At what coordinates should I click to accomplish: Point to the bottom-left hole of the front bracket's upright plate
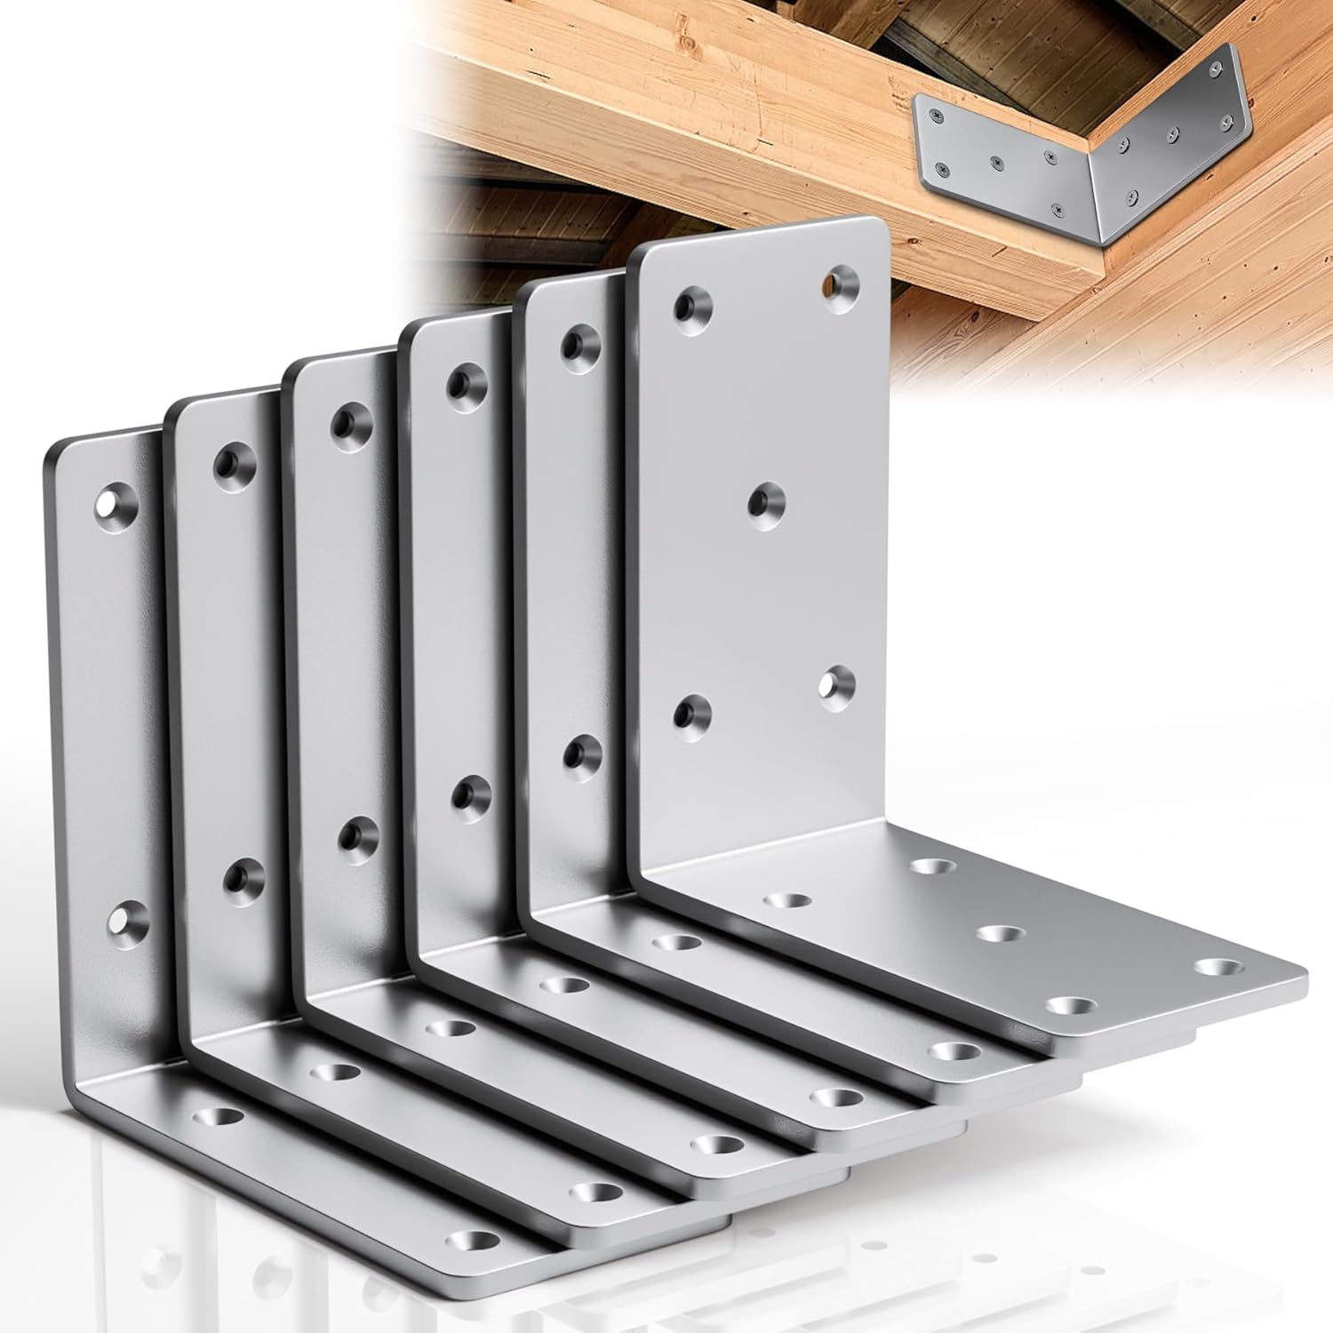[x=691, y=714]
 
